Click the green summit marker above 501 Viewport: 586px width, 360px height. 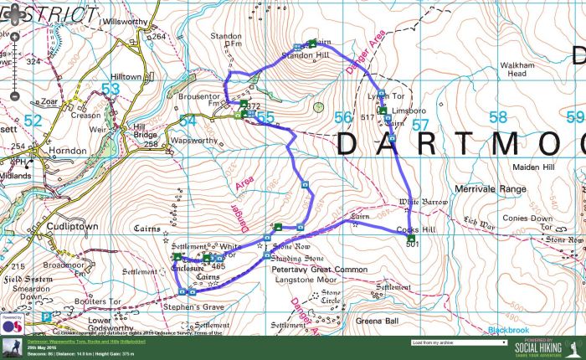click(x=410, y=237)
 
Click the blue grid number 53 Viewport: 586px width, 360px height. click(x=110, y=89)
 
